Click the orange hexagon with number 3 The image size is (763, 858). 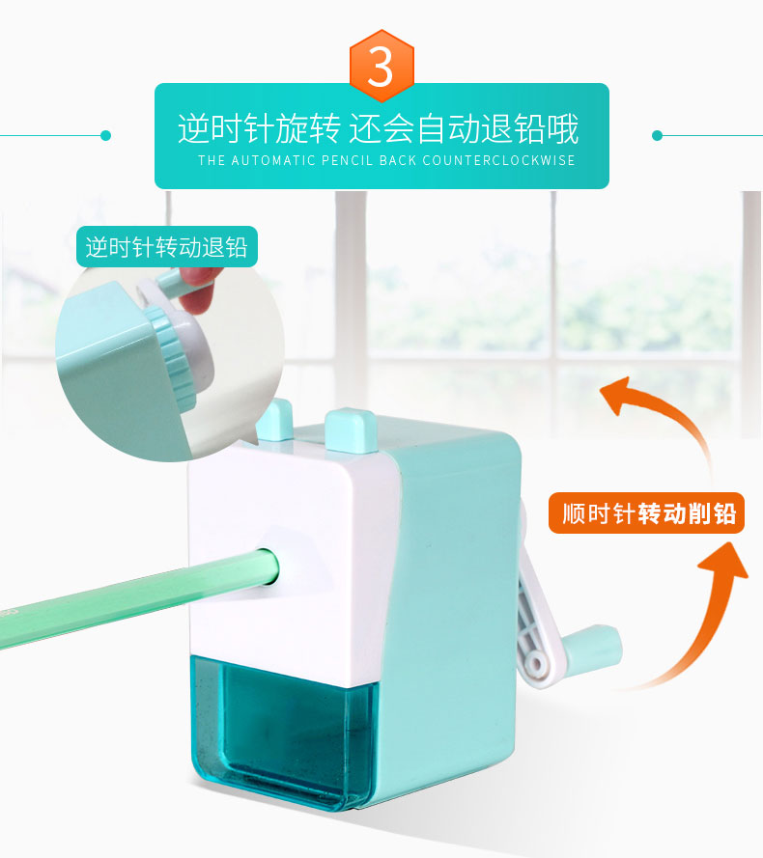coord(381,66)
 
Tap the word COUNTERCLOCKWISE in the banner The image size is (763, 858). coord(498,160)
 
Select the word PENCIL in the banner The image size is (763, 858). coord(348,160)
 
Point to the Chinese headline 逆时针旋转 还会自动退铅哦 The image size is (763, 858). coord(378,129)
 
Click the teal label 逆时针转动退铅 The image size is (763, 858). coord(167,247)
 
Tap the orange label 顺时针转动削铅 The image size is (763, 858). coord(646,513)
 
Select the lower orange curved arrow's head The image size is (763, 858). coord(724,561)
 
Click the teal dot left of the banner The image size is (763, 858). coord(105,136)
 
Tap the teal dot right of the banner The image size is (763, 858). coord(658,136)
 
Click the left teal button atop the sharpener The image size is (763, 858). coord(275,420)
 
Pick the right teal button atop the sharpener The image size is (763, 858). coord(351,430)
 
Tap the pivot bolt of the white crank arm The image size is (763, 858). coord(537,664)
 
